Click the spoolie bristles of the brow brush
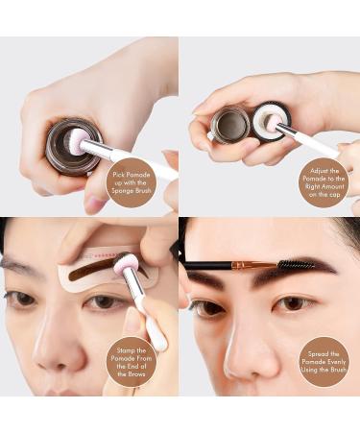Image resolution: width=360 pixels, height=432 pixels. pos(299,261)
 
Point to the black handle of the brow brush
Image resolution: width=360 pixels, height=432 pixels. pos(206,265)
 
